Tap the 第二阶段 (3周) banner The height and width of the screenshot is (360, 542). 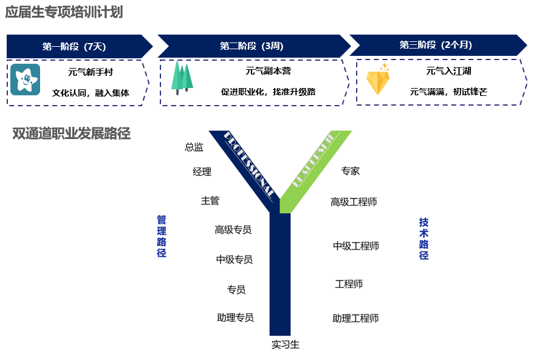point(252,46)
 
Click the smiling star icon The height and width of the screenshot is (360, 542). point(26,79)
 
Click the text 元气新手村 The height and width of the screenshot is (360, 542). point(91,72)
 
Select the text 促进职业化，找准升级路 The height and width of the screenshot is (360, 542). point(268,92)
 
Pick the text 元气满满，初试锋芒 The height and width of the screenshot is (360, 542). point(448,92)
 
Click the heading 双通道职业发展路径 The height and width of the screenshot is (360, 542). point(72,134)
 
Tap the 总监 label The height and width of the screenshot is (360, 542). point(194,147)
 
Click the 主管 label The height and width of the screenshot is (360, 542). point(210,200)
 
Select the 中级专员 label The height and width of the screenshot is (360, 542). point(234,259)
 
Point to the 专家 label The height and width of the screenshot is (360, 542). point(351,171)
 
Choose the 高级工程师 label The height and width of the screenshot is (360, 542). point(354,202)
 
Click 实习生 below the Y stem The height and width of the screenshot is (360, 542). point(285,345)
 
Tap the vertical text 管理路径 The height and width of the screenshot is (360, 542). point(162,236)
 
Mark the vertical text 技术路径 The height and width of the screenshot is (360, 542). point(424,239)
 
